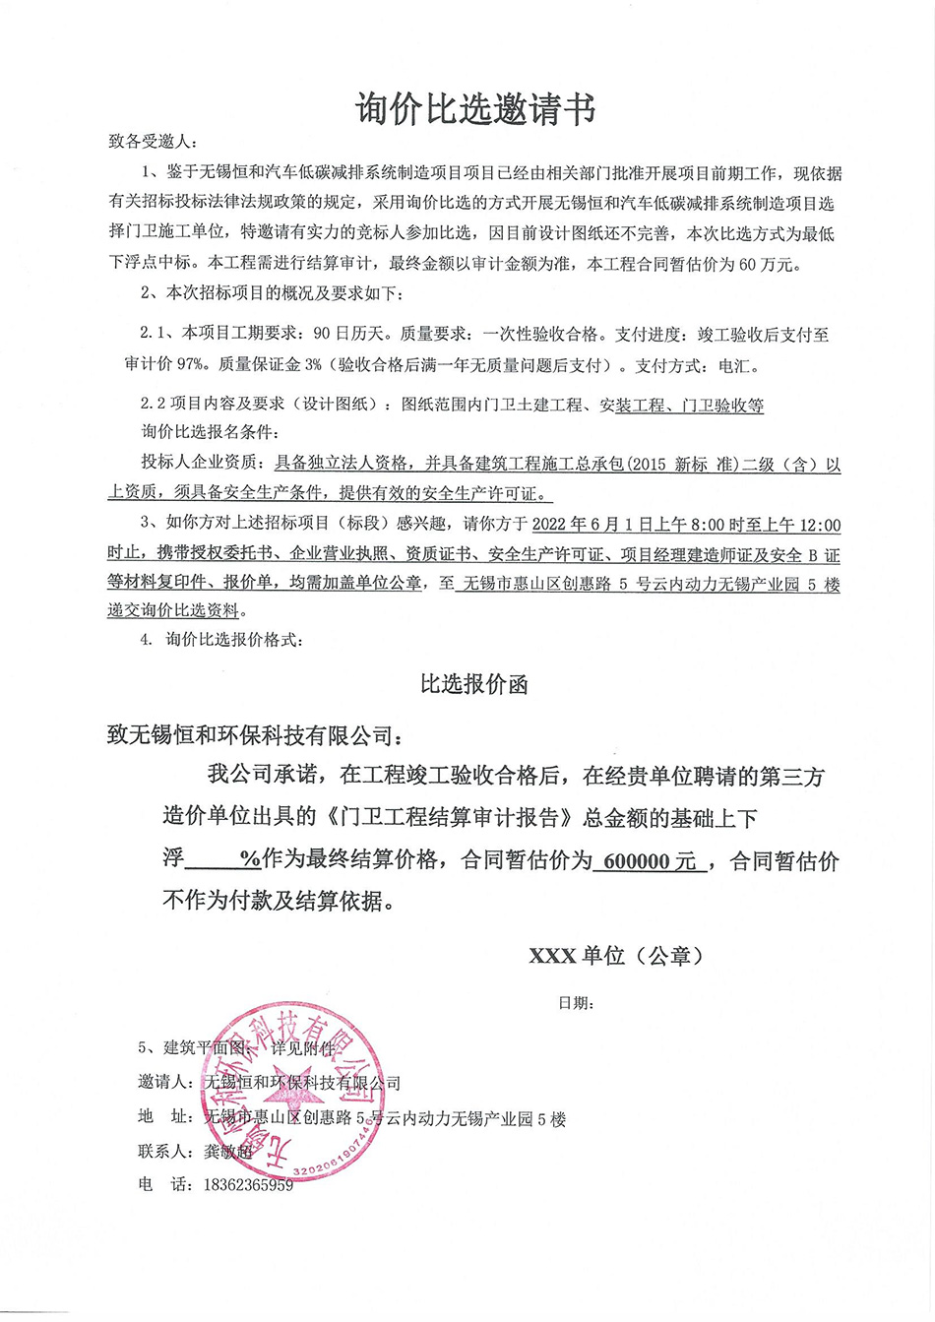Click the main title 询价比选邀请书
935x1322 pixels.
(475, 109)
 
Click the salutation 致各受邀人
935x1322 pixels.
(153, 142)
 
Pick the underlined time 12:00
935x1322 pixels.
(819, 525)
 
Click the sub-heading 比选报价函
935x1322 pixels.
(474, 684)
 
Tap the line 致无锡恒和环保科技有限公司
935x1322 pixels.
(255, 734)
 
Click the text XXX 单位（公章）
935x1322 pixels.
(615, 955)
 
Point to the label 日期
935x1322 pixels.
(575, 1003)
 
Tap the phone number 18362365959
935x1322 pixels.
(248, 1185)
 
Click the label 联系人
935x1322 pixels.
(165, 1151)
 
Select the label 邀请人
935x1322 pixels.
(165, 1083)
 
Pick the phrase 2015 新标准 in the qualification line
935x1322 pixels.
(683, 465)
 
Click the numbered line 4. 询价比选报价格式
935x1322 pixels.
(222, 640)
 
